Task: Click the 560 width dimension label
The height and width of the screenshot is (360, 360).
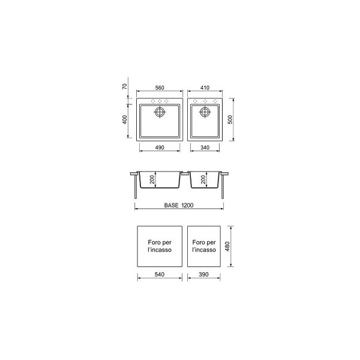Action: pos(160,88)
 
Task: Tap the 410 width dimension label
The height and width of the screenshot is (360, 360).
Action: pos(205,88)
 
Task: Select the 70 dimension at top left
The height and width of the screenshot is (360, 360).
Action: pos(124,86)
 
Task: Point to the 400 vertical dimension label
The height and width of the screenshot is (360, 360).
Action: pos(124,119)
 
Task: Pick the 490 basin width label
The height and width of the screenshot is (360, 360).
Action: pos(160,148)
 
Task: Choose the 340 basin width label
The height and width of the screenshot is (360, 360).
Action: pos(205,148)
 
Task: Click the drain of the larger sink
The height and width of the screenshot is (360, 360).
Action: pos(160,112)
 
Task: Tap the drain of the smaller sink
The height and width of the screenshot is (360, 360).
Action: pos(205,112)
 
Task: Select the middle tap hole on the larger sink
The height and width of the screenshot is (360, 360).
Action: pos(160,101)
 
